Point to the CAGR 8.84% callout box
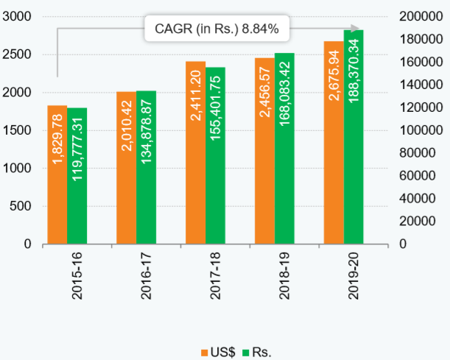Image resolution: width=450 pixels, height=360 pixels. click(x=216, y=29)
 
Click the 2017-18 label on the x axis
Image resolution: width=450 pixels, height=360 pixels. click(x=215, y=277)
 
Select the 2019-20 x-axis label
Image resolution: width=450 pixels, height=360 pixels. click(x=354, y=277)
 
